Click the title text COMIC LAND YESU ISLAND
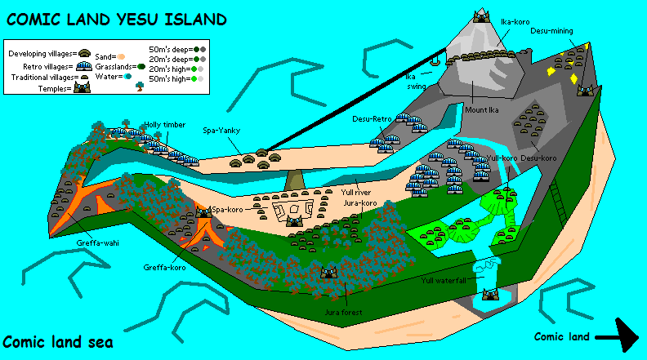(117, 18)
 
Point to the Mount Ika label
(481, 109)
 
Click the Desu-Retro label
(373, 119)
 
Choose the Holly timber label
(159, 125)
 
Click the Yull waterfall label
(443, 280)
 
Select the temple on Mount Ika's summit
(481, 16)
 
